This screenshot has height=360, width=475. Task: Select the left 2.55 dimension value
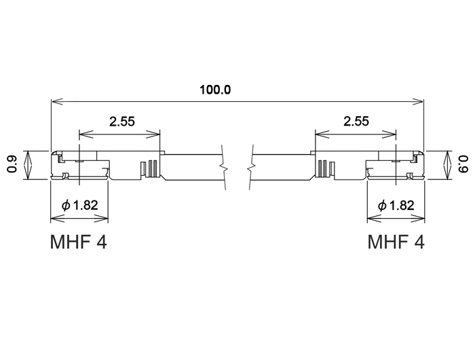coord(122,122)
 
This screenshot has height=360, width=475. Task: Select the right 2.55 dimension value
coord(356,122)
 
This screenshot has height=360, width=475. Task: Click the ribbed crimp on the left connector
coord(149,168)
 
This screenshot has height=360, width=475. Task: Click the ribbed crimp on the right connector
coord(324,168)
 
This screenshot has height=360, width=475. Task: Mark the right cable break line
coord(251,163)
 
